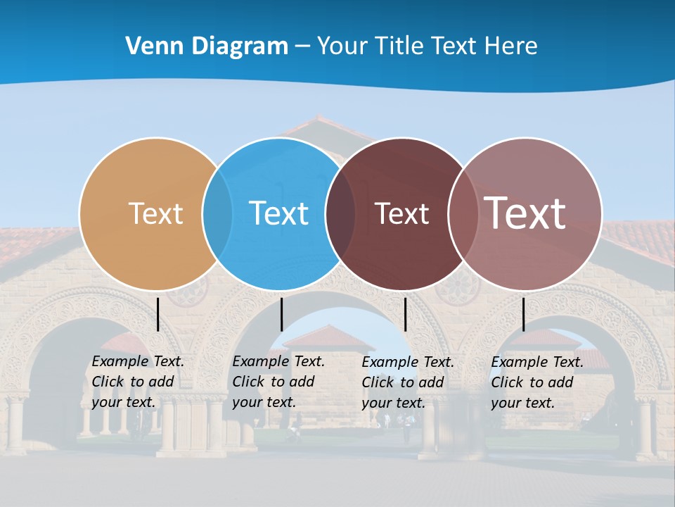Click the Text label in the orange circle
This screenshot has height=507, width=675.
coord(155,213)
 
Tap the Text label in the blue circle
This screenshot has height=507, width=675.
coord(279,213)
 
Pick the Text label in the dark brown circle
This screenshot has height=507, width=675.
coord(401,213)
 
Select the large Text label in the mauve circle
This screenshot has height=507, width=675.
coord(525,213)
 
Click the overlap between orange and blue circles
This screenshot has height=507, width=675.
coord(217,213)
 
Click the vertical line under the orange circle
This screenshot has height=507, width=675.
coord(158,314)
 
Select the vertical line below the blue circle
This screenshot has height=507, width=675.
coord(281,314)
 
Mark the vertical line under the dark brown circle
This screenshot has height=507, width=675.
coord(405,314)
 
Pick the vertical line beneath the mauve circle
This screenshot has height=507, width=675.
coord(523,314)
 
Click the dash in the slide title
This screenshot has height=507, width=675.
coord(302,46)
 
